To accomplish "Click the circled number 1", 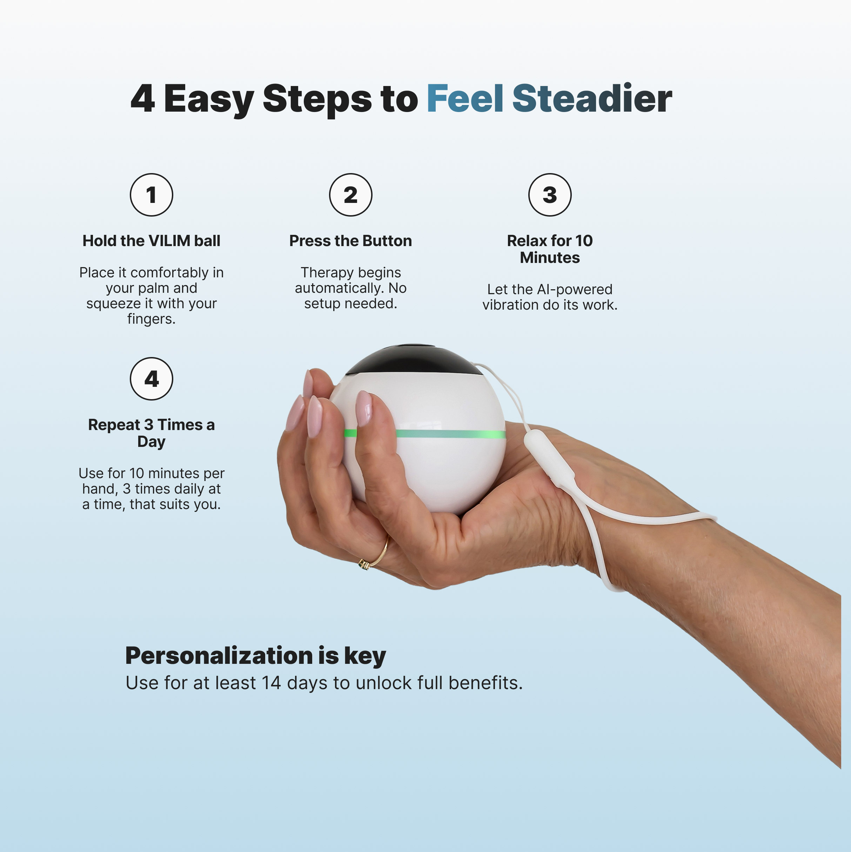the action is pos(151,195).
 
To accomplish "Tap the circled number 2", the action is pos(350,195).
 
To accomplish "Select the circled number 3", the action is pos(550,195).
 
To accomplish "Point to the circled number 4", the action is pos(151,379).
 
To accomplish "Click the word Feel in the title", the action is pos(465,98).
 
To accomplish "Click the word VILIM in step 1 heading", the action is pos(170,241).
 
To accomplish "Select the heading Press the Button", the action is pos(350,241).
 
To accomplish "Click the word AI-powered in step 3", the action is pos(574,289).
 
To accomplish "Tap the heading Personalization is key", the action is pos(256,655).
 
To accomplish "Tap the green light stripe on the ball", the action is pos(449,434).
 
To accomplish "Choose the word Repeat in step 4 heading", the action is pos(114,425).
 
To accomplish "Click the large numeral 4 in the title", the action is pos(143,98).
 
